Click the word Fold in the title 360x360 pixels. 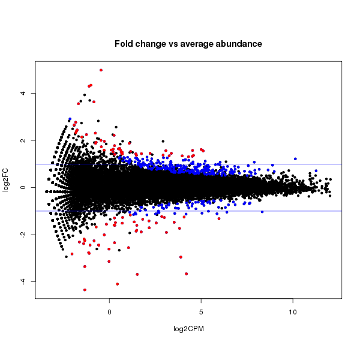(x=124, y=44)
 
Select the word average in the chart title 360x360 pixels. (x=191, y=44)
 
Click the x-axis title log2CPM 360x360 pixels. (x=188, y=329)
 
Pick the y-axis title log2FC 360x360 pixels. (x=7, y=181)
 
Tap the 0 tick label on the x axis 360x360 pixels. (x=109, y=313)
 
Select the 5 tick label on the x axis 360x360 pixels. (x=201, y=313)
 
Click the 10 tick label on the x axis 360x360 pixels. (x=293, y=313)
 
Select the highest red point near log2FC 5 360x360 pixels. (x=101, y=70)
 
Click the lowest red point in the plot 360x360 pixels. (x=85, y=290)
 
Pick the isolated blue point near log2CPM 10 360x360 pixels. (x=295, y=158)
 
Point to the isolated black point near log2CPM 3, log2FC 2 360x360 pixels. (x=163, y=142)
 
